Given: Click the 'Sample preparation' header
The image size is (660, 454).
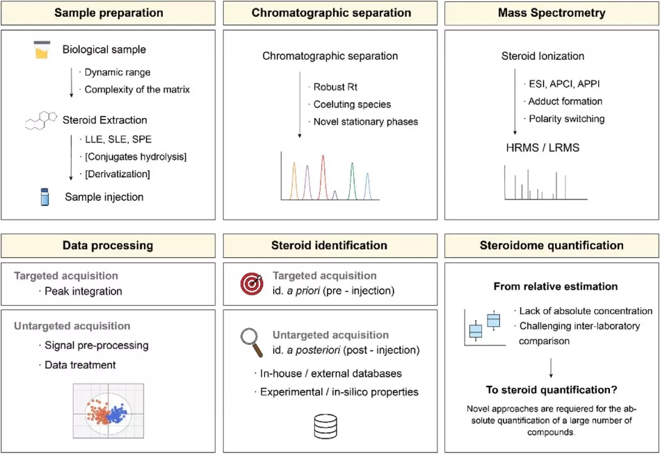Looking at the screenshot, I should pos(108,13).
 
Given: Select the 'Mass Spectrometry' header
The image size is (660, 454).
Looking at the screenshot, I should pos(551,13).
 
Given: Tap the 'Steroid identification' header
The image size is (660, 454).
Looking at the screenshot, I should pos(329,245).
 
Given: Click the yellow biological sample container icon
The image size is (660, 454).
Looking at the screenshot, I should pos(42,50).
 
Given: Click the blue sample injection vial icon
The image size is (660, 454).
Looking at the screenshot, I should pos(43,197).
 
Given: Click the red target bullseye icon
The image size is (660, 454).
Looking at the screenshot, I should pos(251,283).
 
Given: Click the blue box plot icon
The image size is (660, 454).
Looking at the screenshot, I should pos(485,325).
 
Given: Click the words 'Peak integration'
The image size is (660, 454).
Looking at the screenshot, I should pos(83,291).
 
